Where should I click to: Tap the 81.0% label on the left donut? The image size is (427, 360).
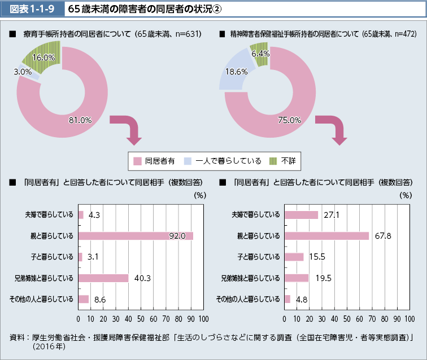(80, 120)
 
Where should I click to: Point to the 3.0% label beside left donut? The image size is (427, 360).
(23, 72)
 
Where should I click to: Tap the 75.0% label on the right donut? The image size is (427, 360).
(289, 120)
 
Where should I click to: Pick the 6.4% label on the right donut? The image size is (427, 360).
(260, 53)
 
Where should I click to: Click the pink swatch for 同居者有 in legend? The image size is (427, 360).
(137, 161)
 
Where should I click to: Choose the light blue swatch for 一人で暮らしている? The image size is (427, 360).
(188, 161)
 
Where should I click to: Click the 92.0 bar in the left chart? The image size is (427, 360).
(136, 236)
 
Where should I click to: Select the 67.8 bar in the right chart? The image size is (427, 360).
(326, 236)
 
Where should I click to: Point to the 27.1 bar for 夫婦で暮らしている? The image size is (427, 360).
(301, 214)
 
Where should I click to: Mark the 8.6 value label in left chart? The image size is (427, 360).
(101, 299)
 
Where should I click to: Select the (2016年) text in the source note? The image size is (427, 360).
(50, 346)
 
